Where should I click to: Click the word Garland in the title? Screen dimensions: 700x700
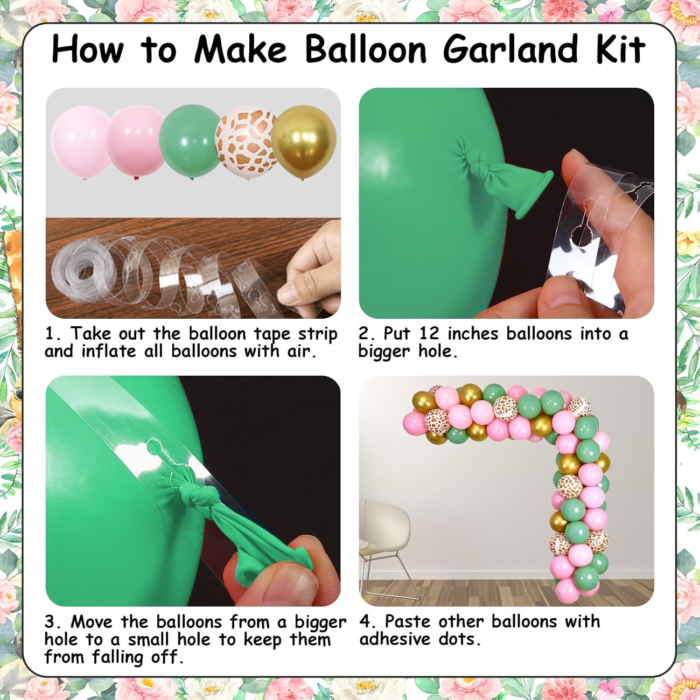click(511, 49)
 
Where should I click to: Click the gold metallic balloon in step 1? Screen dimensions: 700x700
click(304, 144)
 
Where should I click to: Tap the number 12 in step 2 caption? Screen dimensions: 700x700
click(429, 334)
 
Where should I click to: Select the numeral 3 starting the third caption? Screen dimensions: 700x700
click(50, 622)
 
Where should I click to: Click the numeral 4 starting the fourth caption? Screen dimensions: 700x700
click(365, 622)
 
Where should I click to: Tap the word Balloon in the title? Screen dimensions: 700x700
click(366, 49)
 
